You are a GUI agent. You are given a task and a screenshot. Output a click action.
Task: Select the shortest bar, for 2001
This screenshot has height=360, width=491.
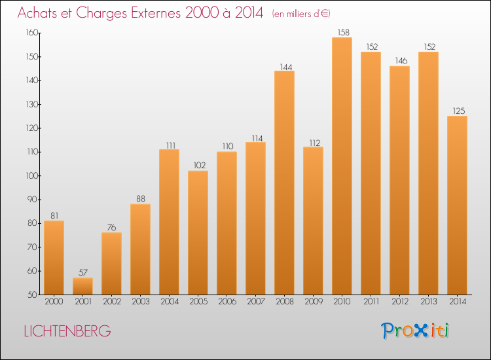(82, 286)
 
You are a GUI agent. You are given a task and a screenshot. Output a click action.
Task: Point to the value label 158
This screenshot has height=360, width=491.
(342, 31)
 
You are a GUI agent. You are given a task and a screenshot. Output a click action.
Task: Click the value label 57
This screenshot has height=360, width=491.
(82, 272)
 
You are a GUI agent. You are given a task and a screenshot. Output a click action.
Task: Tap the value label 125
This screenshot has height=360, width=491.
(457, 110)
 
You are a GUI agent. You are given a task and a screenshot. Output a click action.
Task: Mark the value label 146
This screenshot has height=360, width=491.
(399, 60)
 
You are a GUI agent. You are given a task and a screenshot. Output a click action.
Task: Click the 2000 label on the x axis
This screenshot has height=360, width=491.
(54, 302)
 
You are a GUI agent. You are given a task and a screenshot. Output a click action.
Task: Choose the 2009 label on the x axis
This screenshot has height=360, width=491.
(313, 302)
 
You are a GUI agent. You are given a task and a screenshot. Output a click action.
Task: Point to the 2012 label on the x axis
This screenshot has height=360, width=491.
(399, 302)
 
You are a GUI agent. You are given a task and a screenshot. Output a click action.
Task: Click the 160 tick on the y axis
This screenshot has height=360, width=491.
(31, 33)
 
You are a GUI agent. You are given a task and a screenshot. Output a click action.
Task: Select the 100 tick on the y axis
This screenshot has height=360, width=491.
(31, 175)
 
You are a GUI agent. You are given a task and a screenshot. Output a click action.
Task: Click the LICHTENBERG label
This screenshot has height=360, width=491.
(67, 331)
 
